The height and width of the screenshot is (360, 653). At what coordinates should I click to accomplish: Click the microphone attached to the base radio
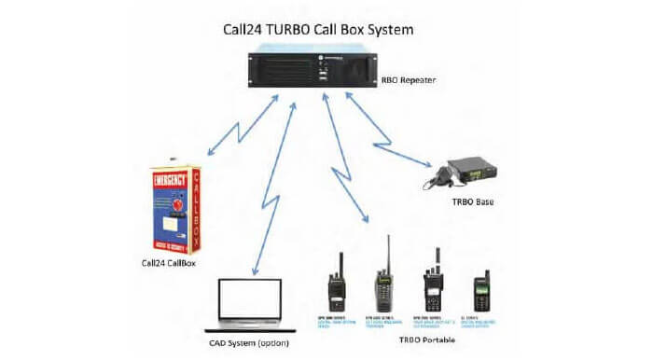(438, 175)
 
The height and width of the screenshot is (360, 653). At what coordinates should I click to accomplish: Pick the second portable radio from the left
(382, 284)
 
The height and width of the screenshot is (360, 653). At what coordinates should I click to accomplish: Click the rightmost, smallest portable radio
(481, 290)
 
